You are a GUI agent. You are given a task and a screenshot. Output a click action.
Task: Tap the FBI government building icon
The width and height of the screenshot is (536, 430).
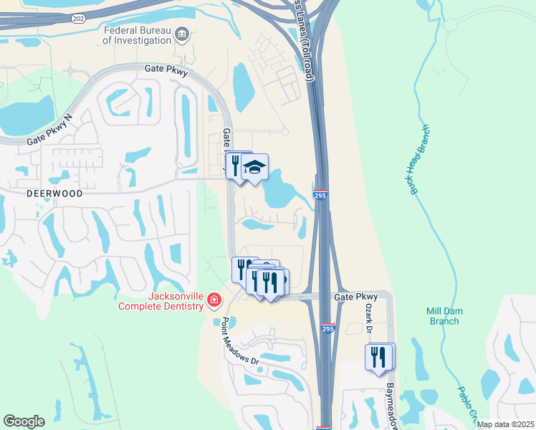[x=182, y=33]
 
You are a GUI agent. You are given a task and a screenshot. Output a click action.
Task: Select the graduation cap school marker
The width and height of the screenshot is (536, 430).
[x=254, y=168]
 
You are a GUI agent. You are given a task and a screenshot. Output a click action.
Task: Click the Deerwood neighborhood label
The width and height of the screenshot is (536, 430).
[x=55, y=193]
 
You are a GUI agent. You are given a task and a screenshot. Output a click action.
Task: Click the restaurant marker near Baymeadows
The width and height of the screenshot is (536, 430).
[x=378, y=357]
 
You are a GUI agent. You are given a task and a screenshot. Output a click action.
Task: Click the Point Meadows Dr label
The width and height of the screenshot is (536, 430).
[x=239, y=341]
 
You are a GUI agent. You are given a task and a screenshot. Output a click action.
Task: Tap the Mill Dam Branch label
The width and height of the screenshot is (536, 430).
[x=443, y=316]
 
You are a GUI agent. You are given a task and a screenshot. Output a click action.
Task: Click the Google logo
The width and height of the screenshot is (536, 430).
[x=24, y=421]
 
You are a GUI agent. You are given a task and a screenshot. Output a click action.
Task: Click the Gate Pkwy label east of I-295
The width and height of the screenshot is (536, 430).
[x=356, y=297]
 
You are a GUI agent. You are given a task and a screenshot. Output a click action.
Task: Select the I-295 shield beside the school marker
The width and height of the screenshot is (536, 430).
[x=320, y=195]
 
